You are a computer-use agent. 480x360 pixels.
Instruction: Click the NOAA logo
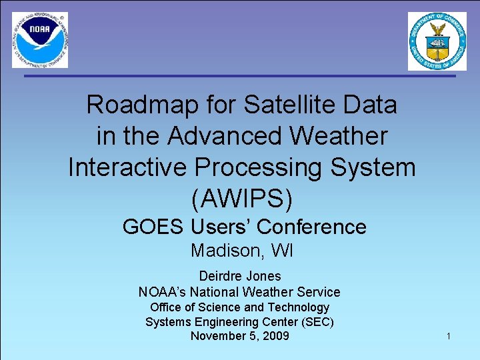click(40, 40)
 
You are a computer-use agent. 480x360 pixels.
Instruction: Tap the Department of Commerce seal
click(437, 41)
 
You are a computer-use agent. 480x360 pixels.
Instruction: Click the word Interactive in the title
click(126, 167)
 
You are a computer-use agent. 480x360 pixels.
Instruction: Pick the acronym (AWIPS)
click(241, 198)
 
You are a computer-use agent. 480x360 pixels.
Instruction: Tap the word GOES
click(153, 227)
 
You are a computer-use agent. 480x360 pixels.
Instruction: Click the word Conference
click(311, 227)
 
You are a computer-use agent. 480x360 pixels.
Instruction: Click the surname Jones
click(264, 276)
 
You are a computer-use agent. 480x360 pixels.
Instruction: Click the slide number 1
click(449, 337)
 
